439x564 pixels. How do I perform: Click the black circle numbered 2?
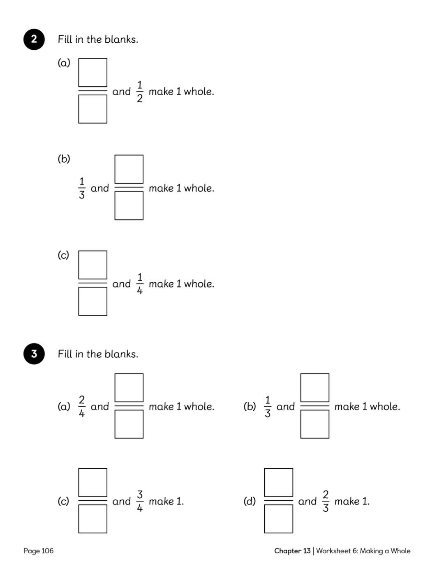(34, 39)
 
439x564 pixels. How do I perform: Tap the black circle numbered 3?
(34, 354)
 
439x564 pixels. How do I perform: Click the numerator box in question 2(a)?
(92, 72)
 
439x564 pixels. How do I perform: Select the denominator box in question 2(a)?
(92, 109)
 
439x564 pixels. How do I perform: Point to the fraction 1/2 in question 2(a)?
(140, 92)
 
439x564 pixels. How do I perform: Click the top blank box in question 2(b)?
(129, 169)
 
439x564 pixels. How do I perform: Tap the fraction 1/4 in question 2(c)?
(140, 284)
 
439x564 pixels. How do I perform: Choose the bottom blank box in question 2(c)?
(92, 302)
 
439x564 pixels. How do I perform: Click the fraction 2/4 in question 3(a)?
(82, 406)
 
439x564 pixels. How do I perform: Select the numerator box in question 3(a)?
(129, 388)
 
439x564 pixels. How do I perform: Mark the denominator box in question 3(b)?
(315, 424)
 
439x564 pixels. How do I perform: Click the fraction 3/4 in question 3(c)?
(140, 501)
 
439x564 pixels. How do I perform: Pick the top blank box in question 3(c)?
(92, 482)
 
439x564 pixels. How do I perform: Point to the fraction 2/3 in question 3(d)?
(326, 501)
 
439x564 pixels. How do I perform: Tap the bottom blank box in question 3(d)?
(279, 519)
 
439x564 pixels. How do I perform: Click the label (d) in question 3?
(250, 501)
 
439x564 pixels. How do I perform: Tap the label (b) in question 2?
(64, 159)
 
